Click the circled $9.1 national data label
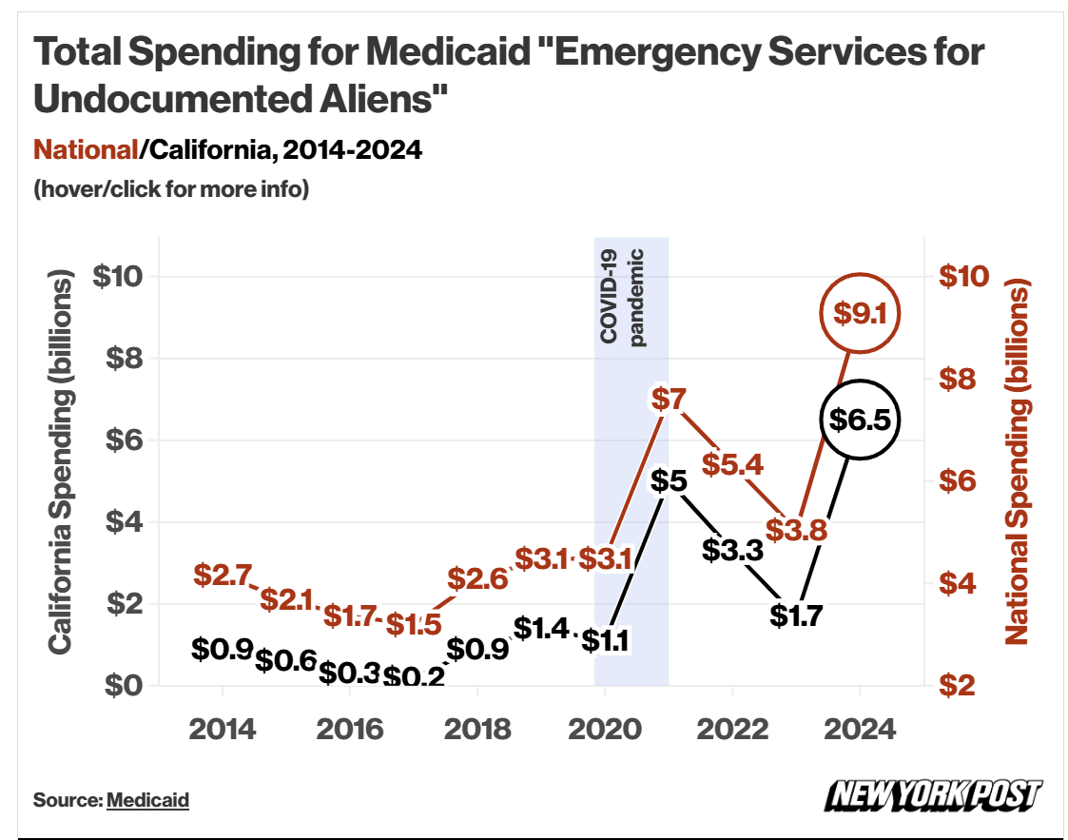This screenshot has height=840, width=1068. (x=859, y=312)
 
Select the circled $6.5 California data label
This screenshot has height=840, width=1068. (x=859, y=419)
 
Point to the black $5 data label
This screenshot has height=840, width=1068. (x=669, y=480)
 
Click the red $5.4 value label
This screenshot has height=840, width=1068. (x=732, y=464)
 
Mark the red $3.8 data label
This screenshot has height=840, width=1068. (x=796, y=530)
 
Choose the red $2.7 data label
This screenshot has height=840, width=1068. (x=223, y=575)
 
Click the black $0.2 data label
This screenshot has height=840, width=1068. (x=414, y=676)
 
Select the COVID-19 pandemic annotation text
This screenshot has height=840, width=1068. (x=622, y=297)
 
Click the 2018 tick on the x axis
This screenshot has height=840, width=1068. (x=477, y=731)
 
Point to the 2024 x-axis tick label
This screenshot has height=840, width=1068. (x=860, y=731)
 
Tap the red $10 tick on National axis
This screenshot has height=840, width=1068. (x=964, y=276)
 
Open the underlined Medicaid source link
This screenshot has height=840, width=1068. (x=147, y=799)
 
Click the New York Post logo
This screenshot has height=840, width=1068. (x=933, y=795)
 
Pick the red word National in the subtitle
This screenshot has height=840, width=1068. (x=86, y=149)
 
